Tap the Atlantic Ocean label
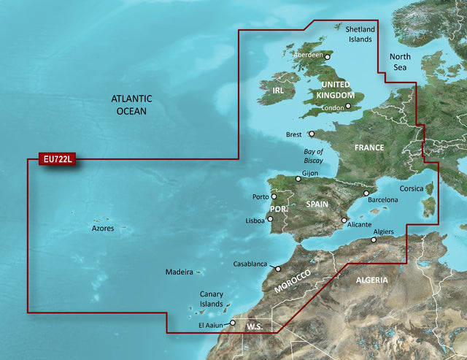tap(131, 104)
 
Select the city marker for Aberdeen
tap(328, 56)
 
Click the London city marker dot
tap(348, 106)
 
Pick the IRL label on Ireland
tap(278, 90)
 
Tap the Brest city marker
tap(312, 134)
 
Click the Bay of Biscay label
tap(313, 156)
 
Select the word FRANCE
tap(369, 148)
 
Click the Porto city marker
tap(274, 196)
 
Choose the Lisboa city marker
tap(269, 220)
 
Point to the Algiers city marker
tap(374, 239)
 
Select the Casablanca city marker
tap(278, 269)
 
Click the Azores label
tap(102, 229)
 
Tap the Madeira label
tap(179, 272)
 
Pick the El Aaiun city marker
tap(232, 323)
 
